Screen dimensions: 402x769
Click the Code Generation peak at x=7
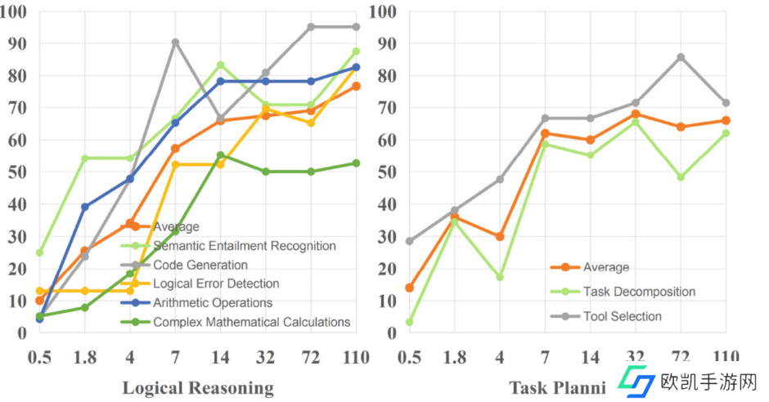coord(175,42)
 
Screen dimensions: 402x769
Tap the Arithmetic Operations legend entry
coord(213,302)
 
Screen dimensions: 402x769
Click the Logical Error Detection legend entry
coord(216,284)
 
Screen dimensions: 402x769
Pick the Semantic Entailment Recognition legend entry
coord(244,245)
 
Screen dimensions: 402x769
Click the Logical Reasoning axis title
coord(198,387)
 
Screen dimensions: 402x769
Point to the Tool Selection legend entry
coord(623,316)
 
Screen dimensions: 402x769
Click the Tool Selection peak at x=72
coord(681,57)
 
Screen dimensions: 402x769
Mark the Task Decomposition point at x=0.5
coord(409,322)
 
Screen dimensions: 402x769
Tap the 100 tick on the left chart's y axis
coord(16,11)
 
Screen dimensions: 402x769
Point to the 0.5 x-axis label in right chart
coord(409,358)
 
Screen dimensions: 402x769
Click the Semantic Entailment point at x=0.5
coord(39,252)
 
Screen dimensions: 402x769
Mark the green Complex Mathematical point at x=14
coord(220,155)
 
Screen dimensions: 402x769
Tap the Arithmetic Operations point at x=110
coord(356,67)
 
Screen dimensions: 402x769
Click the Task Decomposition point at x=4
coord(499,277)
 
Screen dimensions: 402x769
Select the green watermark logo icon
coord(636,381)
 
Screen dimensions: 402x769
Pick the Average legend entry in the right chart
coord(606,267)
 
